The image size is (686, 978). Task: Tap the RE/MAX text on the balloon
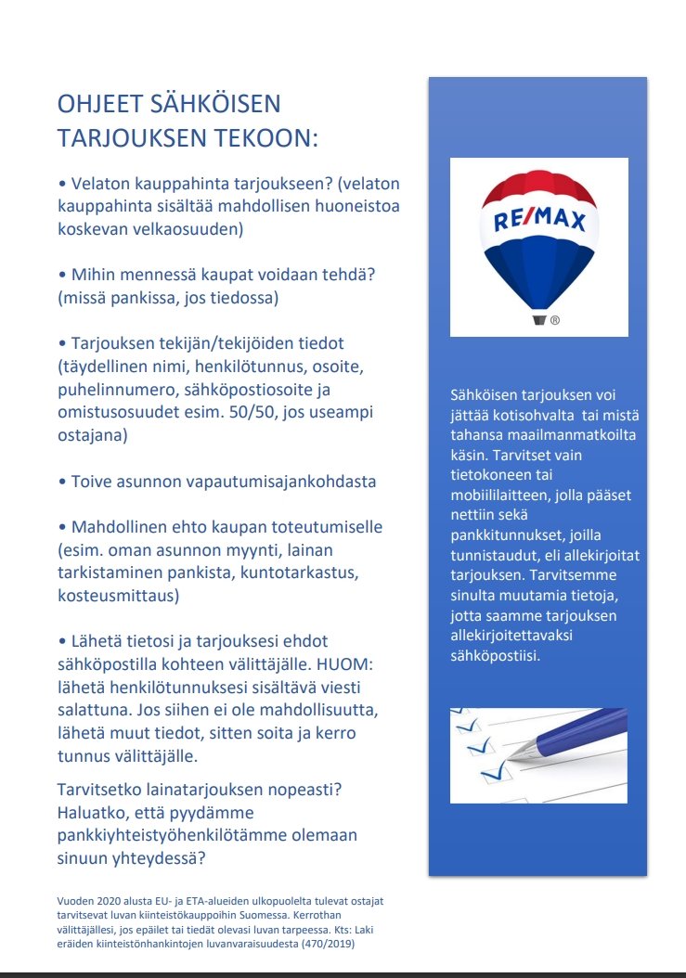[539, 222]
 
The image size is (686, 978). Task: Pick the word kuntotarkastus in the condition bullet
[294, 572]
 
